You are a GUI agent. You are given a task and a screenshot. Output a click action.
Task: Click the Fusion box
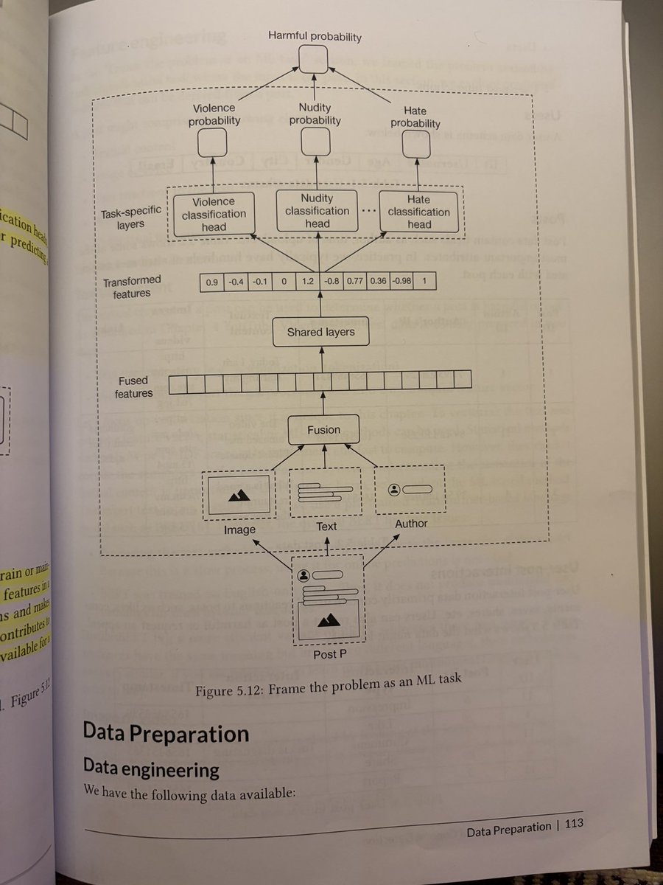click(x=323, y=429)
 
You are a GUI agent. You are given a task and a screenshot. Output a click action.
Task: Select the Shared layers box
click(x=320, y=333)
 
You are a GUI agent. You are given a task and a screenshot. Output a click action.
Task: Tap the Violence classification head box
click(x=214, y=213)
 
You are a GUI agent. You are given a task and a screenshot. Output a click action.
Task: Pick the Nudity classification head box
click(x=317, y=210)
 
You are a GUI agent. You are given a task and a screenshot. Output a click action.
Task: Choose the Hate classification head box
click(x=418, y=212)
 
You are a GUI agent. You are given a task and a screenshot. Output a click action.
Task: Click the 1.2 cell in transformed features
click(x=309, y=281)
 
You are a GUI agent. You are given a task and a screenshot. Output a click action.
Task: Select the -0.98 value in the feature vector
click(x=404, y=281)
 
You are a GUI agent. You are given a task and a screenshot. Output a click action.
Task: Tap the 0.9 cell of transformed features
click(x=211, y=280)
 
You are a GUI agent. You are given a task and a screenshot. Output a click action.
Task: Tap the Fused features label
click(x=133, y=387)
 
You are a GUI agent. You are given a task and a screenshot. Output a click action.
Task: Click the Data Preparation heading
click(x=166, y=734)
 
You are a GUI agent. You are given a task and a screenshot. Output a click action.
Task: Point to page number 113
click(x=571, y=827)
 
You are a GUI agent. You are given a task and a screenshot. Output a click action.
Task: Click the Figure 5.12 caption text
click(x=329, y=693)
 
